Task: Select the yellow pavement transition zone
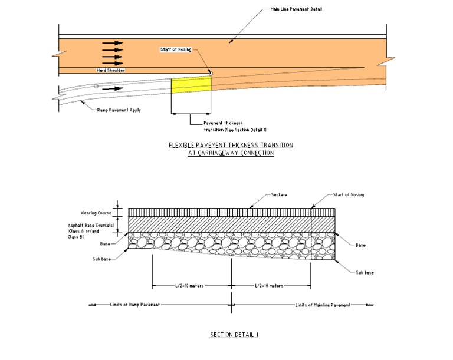[191, 84]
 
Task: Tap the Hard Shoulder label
[111, 70]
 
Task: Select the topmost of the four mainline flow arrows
[112, 43]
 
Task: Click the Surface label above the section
[279, 195]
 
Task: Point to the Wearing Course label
[96, 213]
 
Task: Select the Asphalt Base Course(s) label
[97, 226]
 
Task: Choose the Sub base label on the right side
[364, 273]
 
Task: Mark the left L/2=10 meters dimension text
[190, 286]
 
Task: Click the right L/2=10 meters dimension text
[269, 286]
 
